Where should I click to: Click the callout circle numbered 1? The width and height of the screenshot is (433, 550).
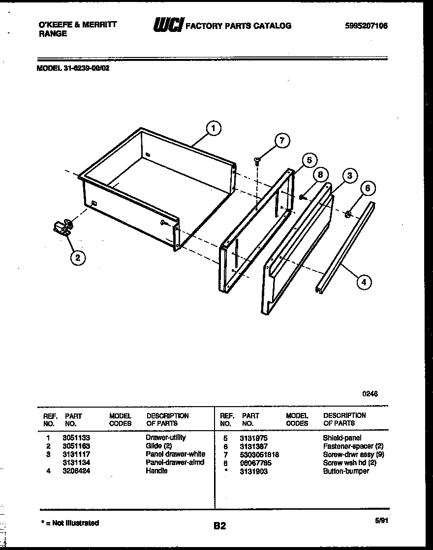213,129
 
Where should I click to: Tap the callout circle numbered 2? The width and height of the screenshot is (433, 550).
77,257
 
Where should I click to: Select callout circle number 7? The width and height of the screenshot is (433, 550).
281,141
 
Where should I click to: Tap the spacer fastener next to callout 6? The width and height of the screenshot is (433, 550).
348,214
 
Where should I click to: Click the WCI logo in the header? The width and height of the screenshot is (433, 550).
168,26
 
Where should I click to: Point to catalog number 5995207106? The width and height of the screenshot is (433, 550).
367,26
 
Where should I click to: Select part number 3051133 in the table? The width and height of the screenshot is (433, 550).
76,438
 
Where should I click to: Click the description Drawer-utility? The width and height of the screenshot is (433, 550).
165,438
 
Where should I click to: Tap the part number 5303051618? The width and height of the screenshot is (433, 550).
259,454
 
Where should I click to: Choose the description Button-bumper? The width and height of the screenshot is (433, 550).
345,471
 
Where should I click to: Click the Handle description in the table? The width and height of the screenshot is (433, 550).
156,471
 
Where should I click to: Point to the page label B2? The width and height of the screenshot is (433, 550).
219,526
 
